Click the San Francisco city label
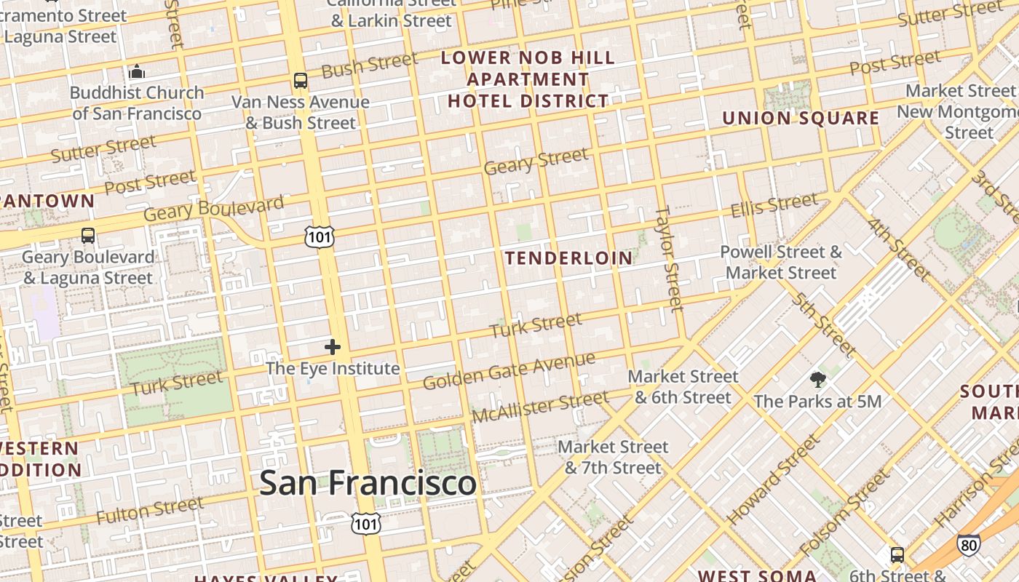368,483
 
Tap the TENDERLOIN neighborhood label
569,258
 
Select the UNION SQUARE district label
801,118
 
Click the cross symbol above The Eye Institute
333,347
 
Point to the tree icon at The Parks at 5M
818,379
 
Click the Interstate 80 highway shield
968,544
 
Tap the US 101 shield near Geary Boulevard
320,236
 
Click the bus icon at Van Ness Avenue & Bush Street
301,81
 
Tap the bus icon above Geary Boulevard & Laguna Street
88,236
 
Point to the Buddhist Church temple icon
137,71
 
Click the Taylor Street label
670,258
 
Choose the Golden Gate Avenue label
509,370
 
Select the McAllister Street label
539,407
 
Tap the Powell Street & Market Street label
781,263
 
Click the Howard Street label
773,479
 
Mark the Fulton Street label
150,511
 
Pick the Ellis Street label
774,205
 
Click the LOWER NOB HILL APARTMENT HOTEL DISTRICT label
528,79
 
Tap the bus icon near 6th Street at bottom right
897,555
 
